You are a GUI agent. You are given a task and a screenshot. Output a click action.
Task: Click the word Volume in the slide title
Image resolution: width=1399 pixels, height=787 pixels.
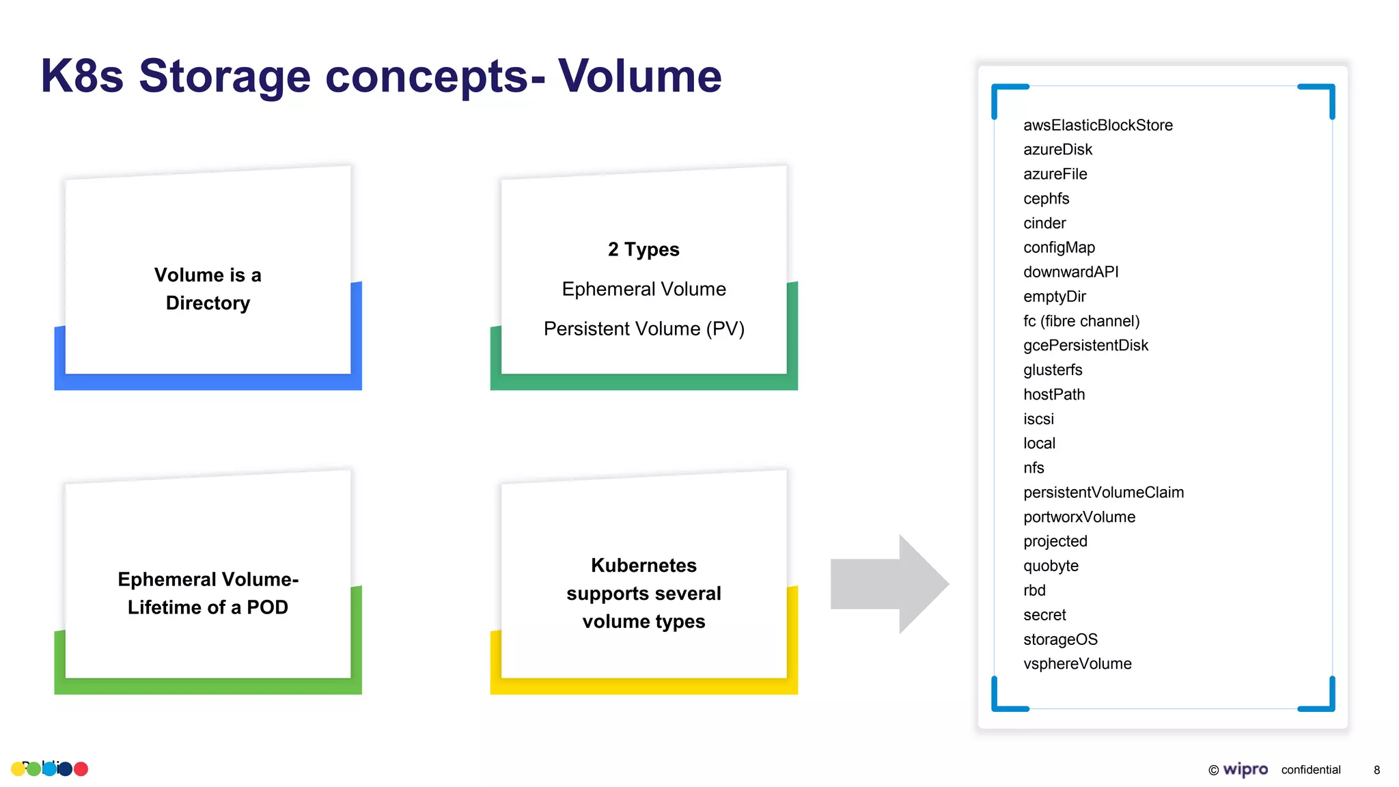[x=639, y=76]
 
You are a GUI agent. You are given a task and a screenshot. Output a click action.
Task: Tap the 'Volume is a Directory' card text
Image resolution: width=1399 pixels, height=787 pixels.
[x=208, y=289]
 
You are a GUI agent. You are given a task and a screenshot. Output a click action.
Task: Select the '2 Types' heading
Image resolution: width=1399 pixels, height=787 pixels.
[x=643, y=249]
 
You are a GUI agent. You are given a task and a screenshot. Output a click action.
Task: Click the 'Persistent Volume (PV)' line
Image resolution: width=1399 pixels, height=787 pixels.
[x=643, y=329]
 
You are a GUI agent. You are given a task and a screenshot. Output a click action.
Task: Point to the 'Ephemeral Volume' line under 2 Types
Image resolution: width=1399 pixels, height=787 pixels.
[x=643, y=289]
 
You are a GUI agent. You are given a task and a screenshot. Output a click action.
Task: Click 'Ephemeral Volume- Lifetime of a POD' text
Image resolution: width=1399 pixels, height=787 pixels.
[x=208, y=593]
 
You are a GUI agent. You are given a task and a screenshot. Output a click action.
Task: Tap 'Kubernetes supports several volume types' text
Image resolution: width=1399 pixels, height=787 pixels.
[x=643, y=593]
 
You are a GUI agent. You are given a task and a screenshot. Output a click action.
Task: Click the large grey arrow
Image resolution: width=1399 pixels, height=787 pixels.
[x=888, y=584]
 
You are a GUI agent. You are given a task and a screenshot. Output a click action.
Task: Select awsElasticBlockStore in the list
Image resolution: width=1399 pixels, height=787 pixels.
[x=1097, y=125]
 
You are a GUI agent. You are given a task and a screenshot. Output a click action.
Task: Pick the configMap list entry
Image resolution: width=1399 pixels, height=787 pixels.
[x=1059, y=247]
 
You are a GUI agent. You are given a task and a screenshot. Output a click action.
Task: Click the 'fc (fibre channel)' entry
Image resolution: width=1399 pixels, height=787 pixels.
[x=1081, y=321]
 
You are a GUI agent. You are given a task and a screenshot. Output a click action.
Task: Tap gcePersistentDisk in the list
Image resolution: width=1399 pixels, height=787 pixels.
[x=1085, y=346]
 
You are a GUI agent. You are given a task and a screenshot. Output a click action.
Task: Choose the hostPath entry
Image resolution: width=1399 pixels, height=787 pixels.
[x=1053, y=394]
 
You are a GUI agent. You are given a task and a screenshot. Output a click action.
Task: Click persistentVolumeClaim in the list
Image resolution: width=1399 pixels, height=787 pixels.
[x=1103, y=493]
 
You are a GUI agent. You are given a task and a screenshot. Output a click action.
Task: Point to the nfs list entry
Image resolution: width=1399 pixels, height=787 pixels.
[x=1034, y=468]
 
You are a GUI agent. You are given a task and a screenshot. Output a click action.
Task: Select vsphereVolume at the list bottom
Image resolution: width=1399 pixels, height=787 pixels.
[x=1077, y=664]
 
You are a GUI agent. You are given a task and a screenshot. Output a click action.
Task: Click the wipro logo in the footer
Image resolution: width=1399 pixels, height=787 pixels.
[x=1245, y=770]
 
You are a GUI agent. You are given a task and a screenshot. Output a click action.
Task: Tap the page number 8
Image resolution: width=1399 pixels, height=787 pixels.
[x=1376, y=770]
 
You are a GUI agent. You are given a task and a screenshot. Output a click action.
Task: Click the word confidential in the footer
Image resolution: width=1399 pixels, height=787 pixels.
[x=1310, y=770]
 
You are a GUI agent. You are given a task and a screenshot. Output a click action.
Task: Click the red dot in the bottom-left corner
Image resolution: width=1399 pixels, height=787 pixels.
[x=81, y=769]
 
